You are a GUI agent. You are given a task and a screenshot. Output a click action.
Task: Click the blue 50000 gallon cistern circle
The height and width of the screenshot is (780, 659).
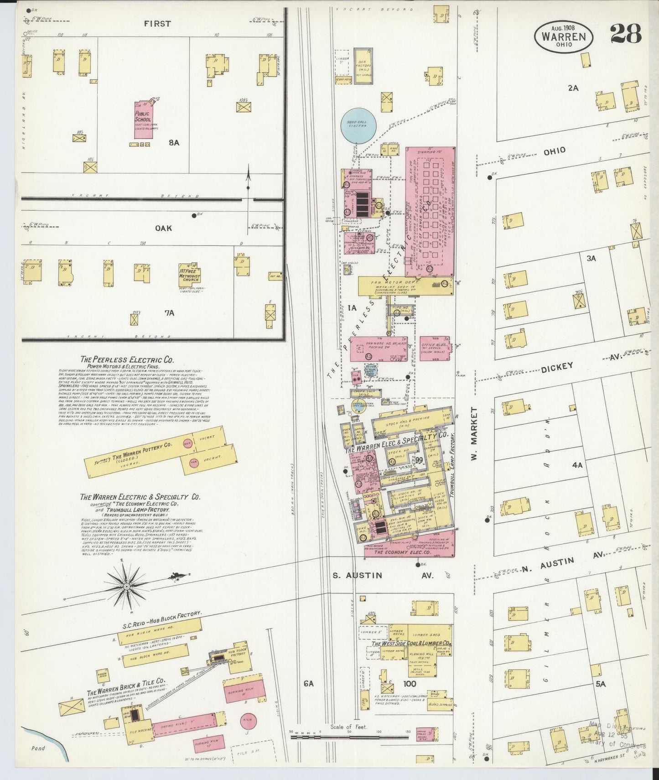pos(358,125)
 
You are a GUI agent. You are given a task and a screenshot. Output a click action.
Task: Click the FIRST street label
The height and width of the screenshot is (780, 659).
pos(158,24)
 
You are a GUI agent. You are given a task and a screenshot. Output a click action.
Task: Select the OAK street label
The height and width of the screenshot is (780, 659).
pos(163,228)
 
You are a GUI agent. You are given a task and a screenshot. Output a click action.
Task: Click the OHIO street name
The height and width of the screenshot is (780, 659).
pos(554,150)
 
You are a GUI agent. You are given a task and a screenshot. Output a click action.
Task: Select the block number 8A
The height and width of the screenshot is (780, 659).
pos(174,143)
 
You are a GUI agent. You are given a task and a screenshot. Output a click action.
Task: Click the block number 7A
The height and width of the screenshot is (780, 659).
pos(170,313)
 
